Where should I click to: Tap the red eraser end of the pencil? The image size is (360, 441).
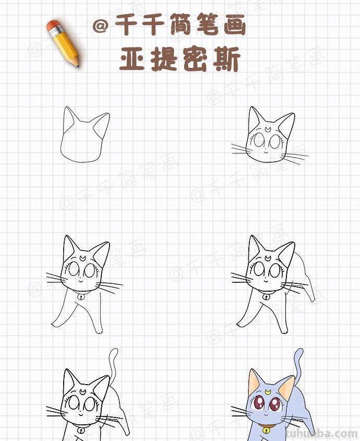click(x=53, y=26)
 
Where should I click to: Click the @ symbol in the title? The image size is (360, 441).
click(x=100, y=26)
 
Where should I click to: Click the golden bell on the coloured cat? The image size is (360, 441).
click(x=267, y=431)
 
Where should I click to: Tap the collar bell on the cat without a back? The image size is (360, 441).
click(x=81, y=296)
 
